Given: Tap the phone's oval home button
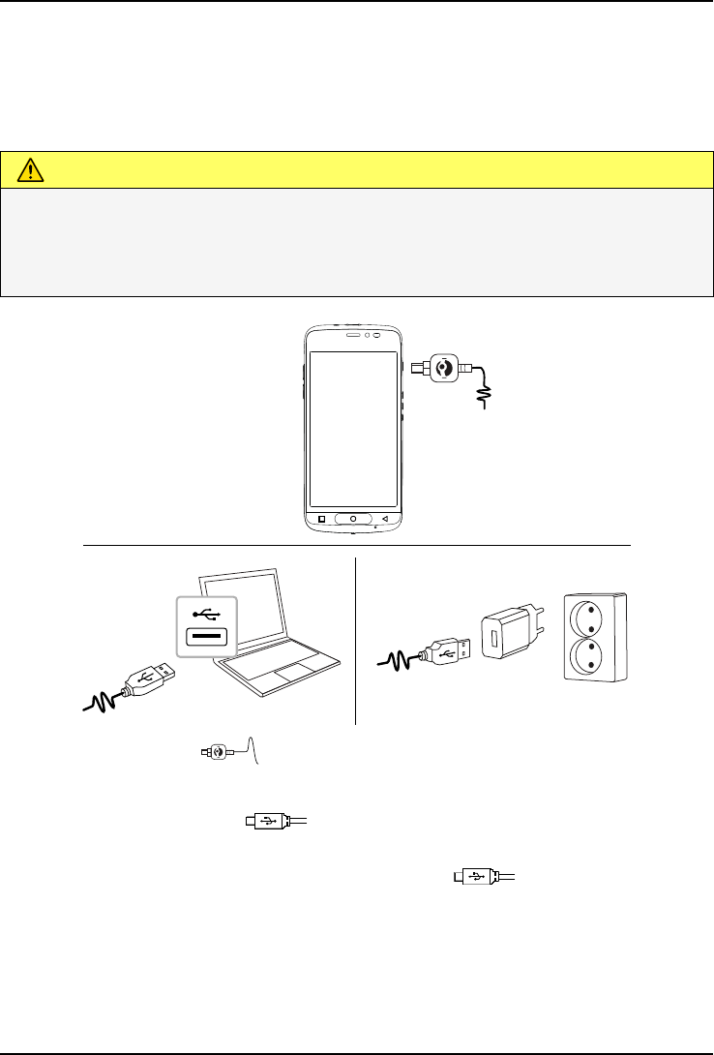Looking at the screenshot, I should pyautogui.click(x=353, y=518).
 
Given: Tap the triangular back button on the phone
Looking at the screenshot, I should pyautogui.click(x=384, y=518).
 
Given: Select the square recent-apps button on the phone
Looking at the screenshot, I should pyautogui.click(x=322, y=518).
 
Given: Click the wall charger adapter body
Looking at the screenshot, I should pyautogui.click(x=507, y=635).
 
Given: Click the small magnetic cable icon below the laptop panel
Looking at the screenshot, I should pyautogui.click(x=217, y=751).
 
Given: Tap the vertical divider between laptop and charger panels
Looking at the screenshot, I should pyautogui.click(x=356, y=639).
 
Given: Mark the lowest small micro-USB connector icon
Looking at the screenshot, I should pyautogui.click(x=476, y=877).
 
